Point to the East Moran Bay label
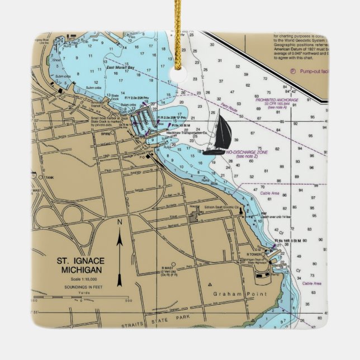pos(120,68)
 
